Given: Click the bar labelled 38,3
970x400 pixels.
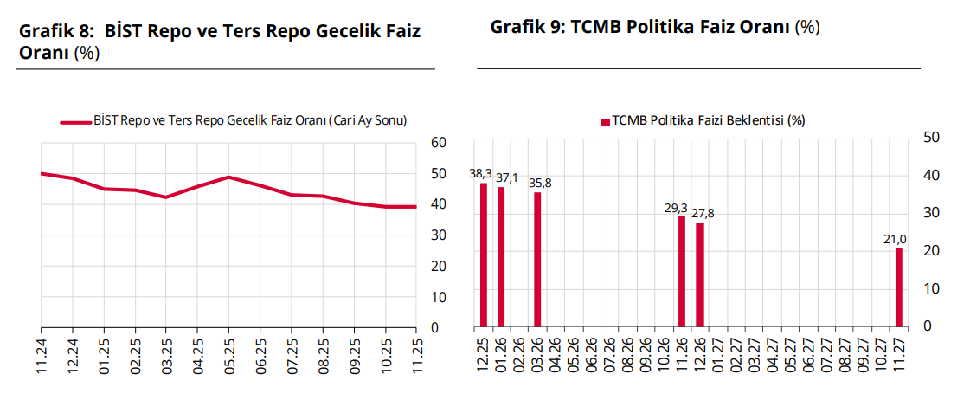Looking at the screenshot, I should (x=484, y=255).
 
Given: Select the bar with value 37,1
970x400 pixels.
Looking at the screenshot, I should (x=501, y=257).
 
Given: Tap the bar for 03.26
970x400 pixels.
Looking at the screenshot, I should (x=537, y=260).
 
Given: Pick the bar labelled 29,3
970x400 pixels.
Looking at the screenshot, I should (x=682, y=272).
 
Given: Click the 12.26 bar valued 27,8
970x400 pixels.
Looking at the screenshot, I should (x=700, y=275).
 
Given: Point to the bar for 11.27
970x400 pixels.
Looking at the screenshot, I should (x=899, y=287).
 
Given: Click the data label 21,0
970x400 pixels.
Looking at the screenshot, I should (x=894, y=239).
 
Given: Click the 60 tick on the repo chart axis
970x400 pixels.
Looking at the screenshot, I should (x=438, y=143).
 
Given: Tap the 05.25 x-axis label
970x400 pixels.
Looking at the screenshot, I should (x=228, y=357).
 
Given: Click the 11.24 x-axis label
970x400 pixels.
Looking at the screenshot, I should (x=42, y=357).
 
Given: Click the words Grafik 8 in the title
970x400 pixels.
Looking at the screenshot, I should (x=55, y=32).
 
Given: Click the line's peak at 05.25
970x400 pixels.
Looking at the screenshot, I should (x=228, y=177).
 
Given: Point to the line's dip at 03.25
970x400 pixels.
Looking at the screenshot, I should (x=166, y=197).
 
